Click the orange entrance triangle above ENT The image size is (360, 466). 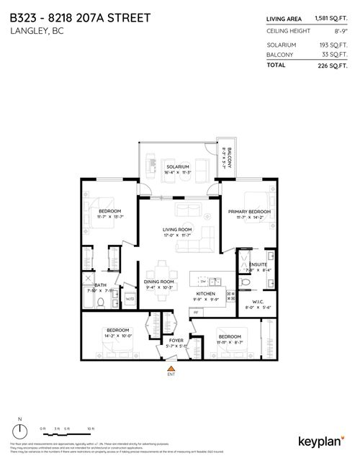171,368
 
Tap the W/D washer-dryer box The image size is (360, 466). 130,298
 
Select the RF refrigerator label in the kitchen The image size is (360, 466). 194,312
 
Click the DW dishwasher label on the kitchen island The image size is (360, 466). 202,282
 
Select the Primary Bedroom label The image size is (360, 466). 244,211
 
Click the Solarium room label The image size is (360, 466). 176,166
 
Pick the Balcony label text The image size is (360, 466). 228,148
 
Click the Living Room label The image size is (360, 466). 176,230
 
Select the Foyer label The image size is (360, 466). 176,340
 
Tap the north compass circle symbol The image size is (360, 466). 22,431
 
